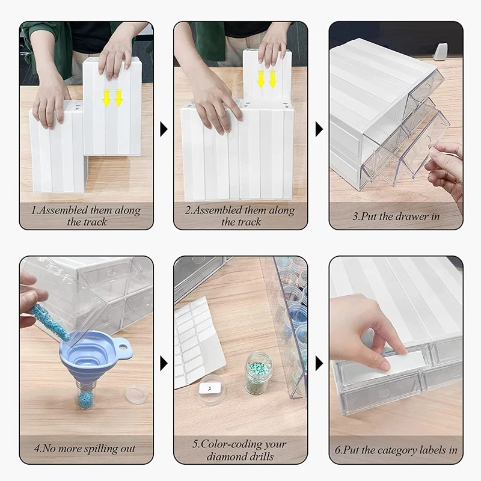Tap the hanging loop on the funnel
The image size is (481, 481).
click(123, 347)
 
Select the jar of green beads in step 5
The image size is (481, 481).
click(259, 372)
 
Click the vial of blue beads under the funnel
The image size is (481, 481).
click(85, 396)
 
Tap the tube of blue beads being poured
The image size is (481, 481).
click(49, 322)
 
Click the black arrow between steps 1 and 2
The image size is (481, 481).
click(164, 129)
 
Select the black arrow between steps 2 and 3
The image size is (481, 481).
click(319, 129)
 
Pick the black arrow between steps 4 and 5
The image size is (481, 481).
click(164, 364)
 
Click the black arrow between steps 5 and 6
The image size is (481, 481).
click(319, 364)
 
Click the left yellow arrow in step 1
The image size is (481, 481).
click(106, 97)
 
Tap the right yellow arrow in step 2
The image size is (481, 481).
click(273, 79)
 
